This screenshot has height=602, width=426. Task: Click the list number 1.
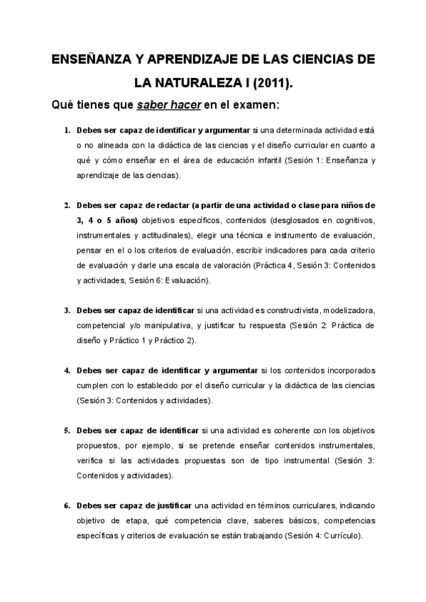coord(67,131)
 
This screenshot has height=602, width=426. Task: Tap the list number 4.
coord(67,371)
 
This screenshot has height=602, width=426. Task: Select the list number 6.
coord(67,505)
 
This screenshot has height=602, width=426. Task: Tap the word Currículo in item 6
coord(342,536)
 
